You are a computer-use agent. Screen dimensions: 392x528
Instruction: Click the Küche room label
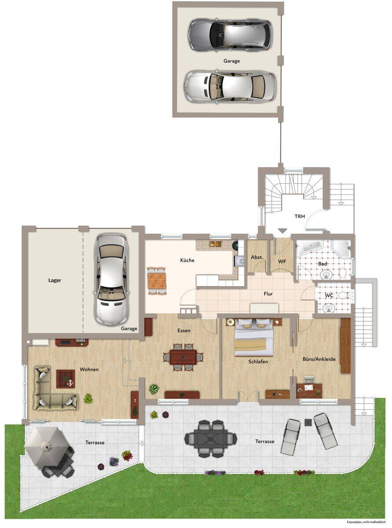pos(187,260)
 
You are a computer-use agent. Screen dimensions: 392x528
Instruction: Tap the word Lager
pos(55,280)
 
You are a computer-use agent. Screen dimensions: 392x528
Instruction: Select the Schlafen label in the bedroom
pos(258,361)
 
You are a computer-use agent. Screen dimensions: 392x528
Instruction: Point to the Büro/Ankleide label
pos(319,359)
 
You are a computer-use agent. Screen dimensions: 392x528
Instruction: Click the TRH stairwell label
pos(300,216)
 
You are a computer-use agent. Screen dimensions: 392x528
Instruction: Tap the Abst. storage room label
pos(257,257)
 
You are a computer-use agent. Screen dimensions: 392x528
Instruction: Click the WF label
pos(282,261)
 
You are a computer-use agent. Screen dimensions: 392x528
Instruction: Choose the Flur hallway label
pos(268,294)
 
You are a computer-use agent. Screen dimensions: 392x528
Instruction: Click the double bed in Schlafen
pos(253,337)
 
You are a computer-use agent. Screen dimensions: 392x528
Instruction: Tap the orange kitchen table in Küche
pos(157,280)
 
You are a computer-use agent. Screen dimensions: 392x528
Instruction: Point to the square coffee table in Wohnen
pos(66,379)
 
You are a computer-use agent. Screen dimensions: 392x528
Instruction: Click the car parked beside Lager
pos(111,280)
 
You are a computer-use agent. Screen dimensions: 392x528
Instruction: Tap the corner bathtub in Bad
pos(309,249)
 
